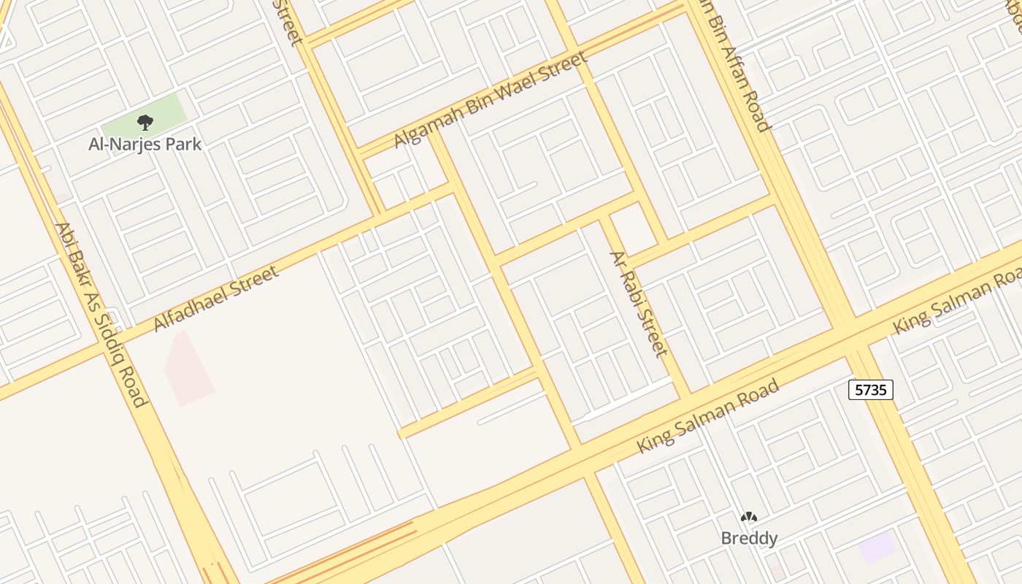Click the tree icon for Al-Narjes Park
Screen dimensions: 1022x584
(x=145, y=122)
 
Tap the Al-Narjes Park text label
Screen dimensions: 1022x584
(x=145, y=144)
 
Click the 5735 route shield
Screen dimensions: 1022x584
(x=871, y=390)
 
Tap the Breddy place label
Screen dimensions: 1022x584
(x=749, y=539)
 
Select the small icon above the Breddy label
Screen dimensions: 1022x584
(x=749, y=518)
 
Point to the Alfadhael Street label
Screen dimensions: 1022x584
(x=216, y=299)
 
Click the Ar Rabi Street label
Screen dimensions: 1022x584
(x=639, y=304)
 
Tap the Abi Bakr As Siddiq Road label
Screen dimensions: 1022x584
(x=101, y=314)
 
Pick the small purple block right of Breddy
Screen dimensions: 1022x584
(x=877, y=547)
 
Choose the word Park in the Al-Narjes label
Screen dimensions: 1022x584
(x=182, y=144)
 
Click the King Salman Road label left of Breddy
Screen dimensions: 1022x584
(x=708, y=416)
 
